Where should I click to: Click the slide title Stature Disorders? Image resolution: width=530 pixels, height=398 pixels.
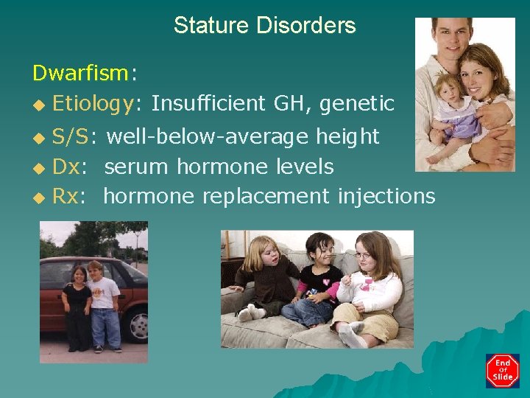click(264, 26)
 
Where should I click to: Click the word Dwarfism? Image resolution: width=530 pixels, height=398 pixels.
click(80, 73)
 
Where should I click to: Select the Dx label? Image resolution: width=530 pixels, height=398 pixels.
click(66, 167)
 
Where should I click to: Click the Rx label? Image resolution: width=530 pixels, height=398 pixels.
click(66, 196)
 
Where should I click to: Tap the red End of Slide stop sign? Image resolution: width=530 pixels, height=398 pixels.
click(502, 371)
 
